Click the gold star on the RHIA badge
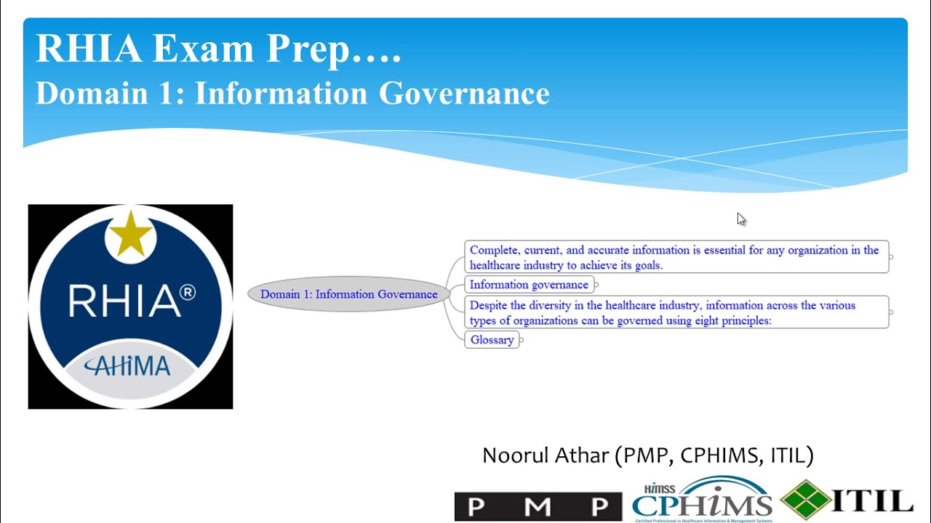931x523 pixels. pyautogui.click(x=130, y=235)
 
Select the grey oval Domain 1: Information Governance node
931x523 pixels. pyautogui.click(x=348, y=294)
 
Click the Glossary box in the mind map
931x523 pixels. pyautogui.click(x=492, y=340)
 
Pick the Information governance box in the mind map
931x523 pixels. pyautogui.click(x=529, y=285)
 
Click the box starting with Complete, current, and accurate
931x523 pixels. pyautogui.click(x=676, y=257)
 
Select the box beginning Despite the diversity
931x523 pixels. pyautogui.click(x=676, y=312)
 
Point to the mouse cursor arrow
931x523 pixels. pyautogui.click(x=740, y=219)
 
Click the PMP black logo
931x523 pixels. pyautogui.click(x=538, y=506)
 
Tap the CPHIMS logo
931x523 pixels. pyautogui.click(x=702, y=501)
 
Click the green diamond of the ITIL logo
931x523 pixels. pyautogui.click(x=806, y=500)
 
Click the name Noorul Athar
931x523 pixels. pyautogui.click(x=546, y=455)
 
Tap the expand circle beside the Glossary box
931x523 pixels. pyautogui.click(x=522, y=340)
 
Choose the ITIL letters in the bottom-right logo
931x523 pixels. pyautogui.click(x=873, y=500)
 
